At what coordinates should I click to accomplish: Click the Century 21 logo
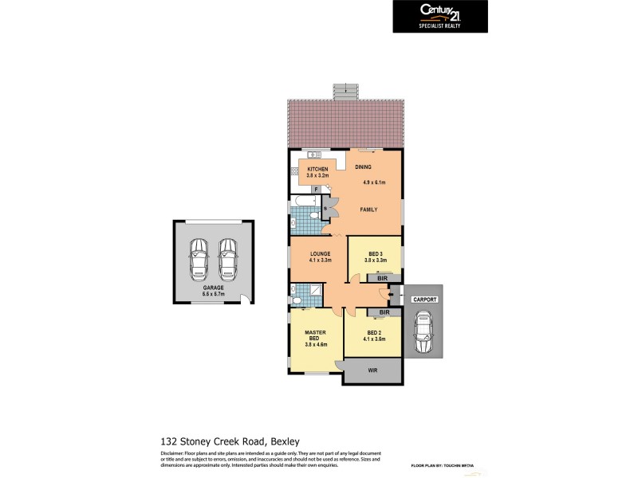[x=441, y=15]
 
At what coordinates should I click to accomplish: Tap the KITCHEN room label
[x=318, y=169]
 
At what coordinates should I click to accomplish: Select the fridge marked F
[x=317, y=189]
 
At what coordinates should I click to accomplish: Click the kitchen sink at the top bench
[x=314, y=153]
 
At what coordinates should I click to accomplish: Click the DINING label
[x=364, y=167]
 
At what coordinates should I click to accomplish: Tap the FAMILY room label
[x=368, y=210]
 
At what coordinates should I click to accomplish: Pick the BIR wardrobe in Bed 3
[x=383, y=278]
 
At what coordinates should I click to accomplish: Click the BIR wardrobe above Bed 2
[x=383, y=313]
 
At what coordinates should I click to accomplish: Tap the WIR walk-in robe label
[x=372, y=371]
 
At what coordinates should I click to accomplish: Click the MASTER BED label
[x=311, y=335]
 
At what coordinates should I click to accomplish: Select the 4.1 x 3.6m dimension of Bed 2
[x=376, y=339]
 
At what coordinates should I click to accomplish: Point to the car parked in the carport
[x=423, y=333]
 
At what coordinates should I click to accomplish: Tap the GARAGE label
[x=212, y=288]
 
